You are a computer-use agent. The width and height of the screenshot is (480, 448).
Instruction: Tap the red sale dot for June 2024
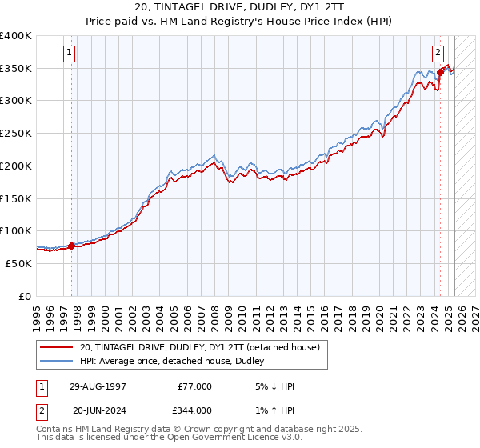click(440, 73)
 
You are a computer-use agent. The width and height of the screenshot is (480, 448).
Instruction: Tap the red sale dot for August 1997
click(71, 246)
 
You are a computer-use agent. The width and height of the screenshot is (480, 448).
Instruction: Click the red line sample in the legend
click(57, 347)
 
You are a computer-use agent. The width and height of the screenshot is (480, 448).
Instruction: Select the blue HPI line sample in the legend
click(57, 361)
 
